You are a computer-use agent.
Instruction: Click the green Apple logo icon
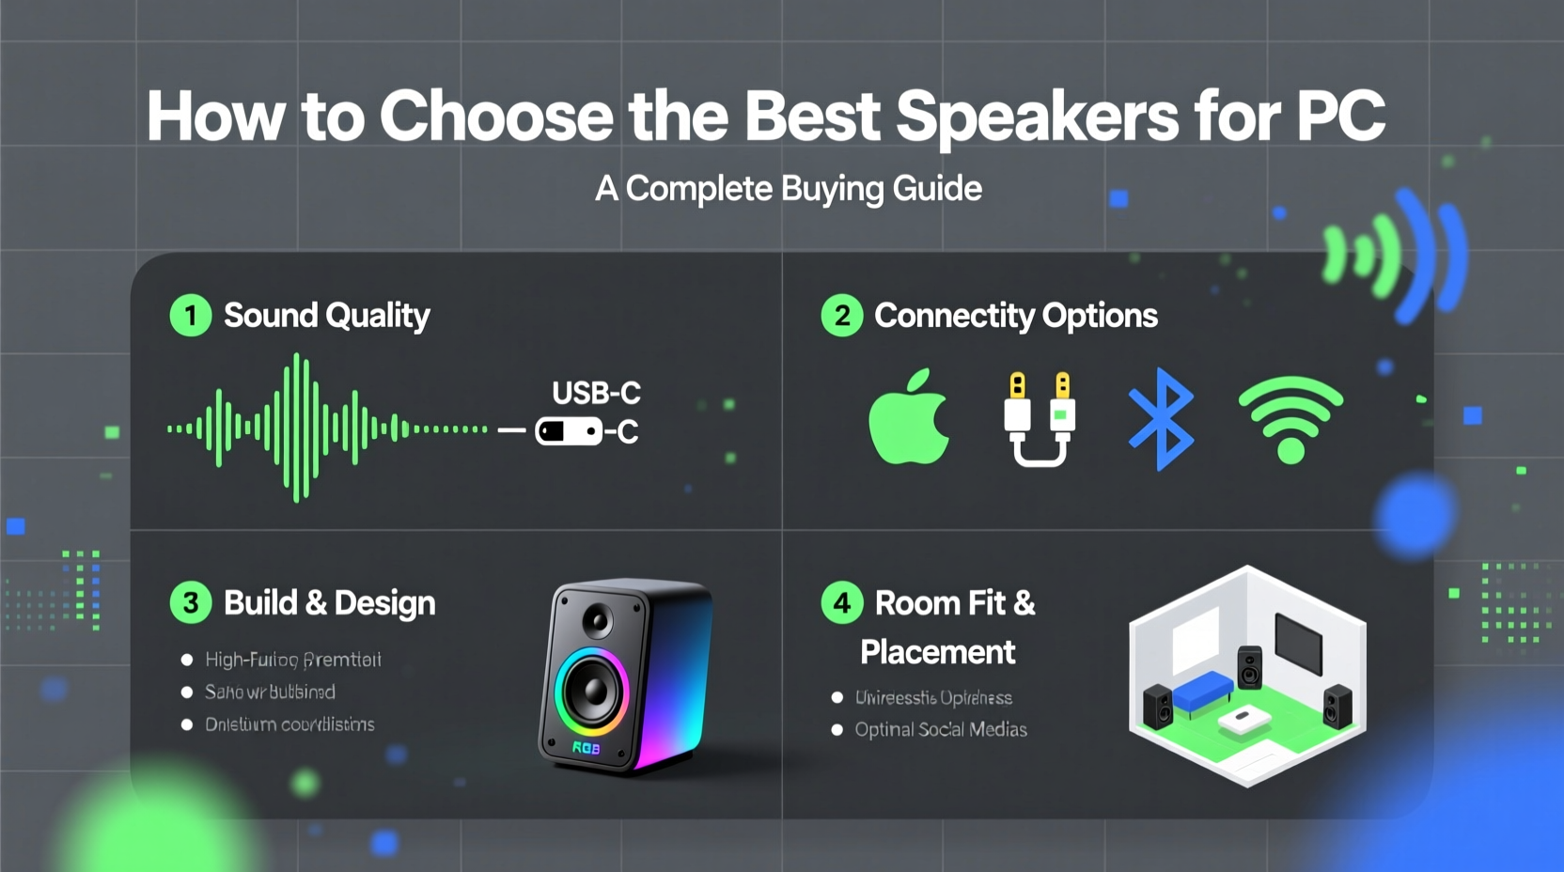[909, 419]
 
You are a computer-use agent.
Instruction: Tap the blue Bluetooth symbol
[1162, 419]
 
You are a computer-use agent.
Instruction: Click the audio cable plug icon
[1039, 419]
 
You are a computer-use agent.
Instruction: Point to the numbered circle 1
[191, 316]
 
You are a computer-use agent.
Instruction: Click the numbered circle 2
[842, 316]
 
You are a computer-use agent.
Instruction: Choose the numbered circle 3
[191, 602]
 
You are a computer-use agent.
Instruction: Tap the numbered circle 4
[842, 602]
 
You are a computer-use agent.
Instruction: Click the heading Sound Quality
[326, 316]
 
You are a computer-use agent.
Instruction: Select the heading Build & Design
[329, 602]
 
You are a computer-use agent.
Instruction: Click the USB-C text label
[596, 393]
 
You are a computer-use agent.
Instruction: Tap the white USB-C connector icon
[569, 431]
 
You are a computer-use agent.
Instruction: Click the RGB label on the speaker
[586, 748]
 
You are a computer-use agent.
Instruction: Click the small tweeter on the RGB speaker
[598, 619]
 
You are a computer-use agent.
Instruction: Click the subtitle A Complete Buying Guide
[789, 189]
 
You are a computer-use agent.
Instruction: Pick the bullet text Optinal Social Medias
[940, 729]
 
